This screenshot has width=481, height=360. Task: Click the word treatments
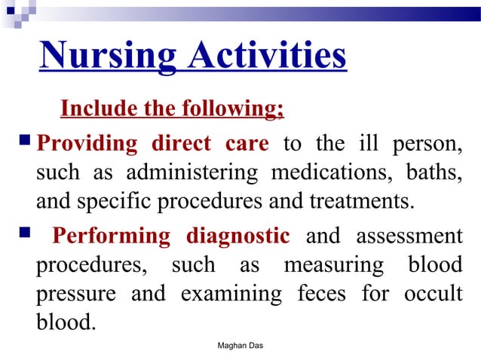click(x=355, y=201)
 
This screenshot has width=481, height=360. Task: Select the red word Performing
click(x=111, y=236)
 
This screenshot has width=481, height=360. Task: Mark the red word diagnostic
click(x=237, y=236)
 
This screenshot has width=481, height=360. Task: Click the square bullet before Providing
click(x=22, y=141)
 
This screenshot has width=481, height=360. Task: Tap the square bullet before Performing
click(x=22, y=234)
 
